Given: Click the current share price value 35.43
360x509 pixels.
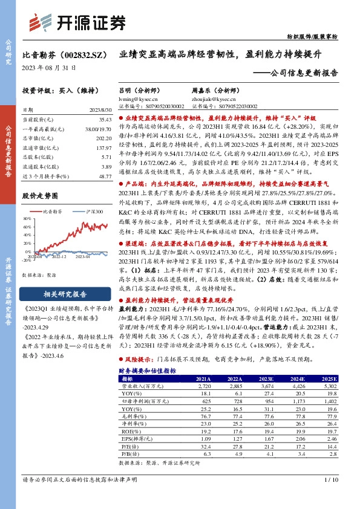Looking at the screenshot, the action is coord(103,120).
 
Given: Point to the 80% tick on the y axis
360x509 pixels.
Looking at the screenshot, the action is coord(28,219).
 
